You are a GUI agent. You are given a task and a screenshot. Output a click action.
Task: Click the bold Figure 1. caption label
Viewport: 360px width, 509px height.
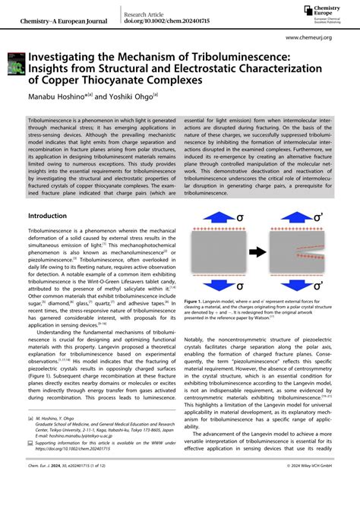pyautogui.click(x=196, y=302)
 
